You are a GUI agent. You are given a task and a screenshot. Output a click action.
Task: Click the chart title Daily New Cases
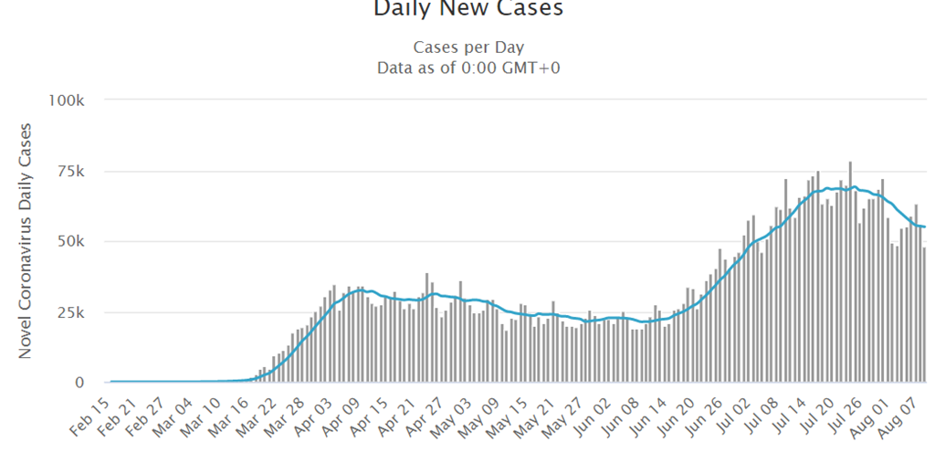pos(467,9)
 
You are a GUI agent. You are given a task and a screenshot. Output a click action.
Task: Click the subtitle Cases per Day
pos(468,47)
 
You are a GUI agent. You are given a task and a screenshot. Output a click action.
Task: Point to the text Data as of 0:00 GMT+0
pos(467,68)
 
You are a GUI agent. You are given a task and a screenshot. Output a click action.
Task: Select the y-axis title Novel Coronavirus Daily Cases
pos(26,240)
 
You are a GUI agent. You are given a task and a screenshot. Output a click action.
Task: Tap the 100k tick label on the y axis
pos(68,100)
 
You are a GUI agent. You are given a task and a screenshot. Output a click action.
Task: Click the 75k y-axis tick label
pos(71,171)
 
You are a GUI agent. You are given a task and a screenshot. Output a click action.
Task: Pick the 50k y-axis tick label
pos(71,241)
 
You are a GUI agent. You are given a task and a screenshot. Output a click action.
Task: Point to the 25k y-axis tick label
pos(71,312)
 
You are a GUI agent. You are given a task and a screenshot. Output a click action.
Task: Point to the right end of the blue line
pos(925,226)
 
